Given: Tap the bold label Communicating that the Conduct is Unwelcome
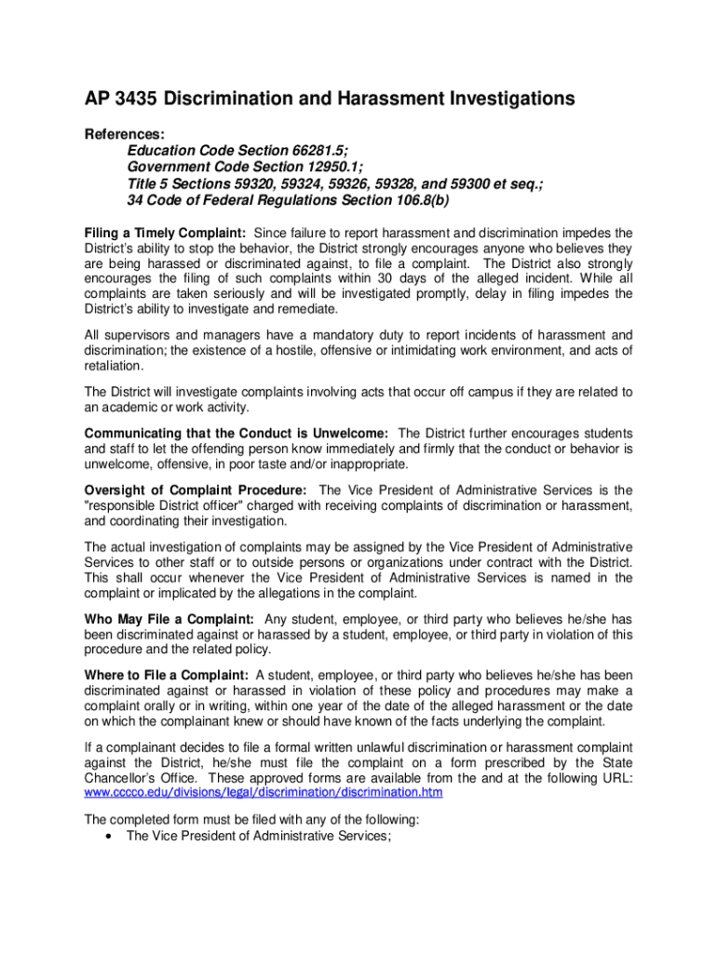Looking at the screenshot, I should click(x=237, y=433).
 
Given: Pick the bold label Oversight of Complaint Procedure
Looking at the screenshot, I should click(x=195, y=490).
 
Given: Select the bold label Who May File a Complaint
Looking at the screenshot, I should click(x=169, y=619).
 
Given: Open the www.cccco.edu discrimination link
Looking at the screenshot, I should click(x=264, y=792).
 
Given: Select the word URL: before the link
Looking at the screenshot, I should click(x=615, y=777).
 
